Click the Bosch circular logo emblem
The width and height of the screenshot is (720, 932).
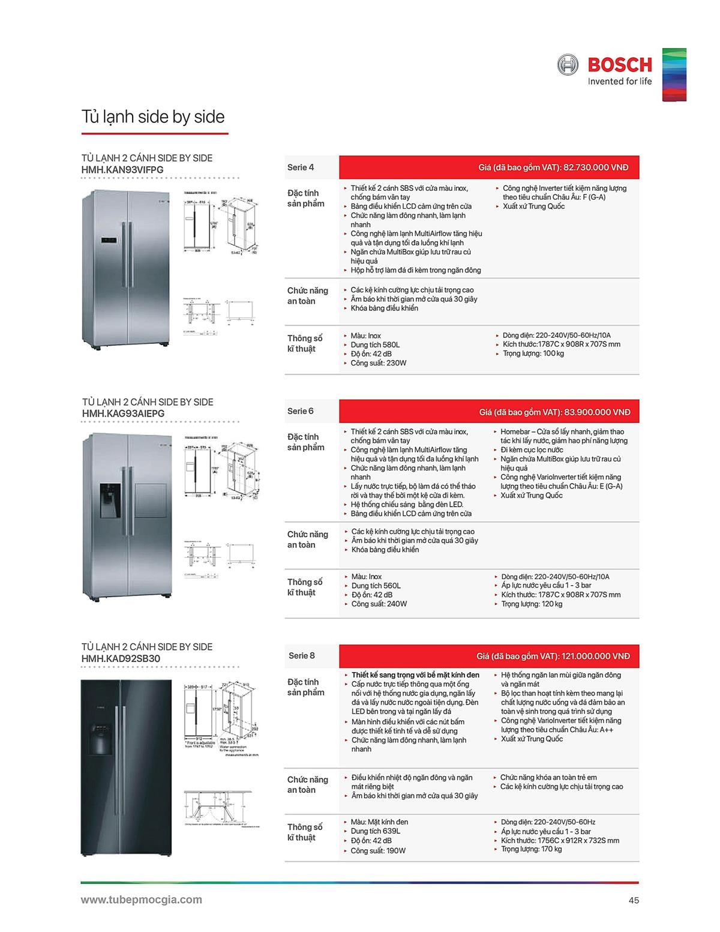pyautogui.click(x=568, y=64)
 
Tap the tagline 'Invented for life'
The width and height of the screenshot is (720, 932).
pyautogui.click(x=619, y=82)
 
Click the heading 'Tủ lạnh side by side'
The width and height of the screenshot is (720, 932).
pyautogui.click(x=153, y=116)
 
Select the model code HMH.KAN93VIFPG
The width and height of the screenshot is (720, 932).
pyautogui.click(x=122, y=170)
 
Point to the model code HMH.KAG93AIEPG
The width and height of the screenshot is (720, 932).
pyautogui.click(x=123, y=413)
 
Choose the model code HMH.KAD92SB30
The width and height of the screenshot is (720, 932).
pyautogui.click(x=121, y=658)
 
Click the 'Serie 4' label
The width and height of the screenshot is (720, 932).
pyautogui.click(x=301, y=167)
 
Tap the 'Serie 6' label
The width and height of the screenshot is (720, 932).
pyautogui.click(x=301, y=411)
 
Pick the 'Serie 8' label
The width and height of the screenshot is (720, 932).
pyautogui.click(x=301, y=655)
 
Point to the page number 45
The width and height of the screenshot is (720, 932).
pyautogui.click(x=634, y=900)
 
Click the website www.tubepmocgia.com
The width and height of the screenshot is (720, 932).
pyautogui.click(x=142, y=900)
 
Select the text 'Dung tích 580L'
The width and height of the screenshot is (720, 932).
pyautogui.click(x=375, y=345)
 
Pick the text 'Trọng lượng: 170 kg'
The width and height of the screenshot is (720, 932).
pyautogui.click(x=532, y=849)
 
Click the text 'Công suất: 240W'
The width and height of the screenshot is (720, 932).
pyautogui.click(x=379, y=604)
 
